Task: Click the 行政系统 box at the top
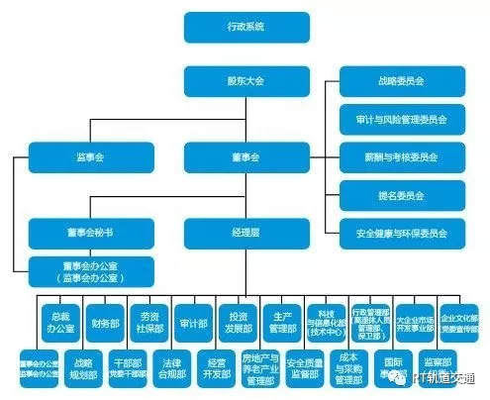point(234,27)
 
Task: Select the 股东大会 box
point(234,81)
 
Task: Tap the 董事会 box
point(234,156)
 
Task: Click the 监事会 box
point(78,156)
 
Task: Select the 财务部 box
point(103,321)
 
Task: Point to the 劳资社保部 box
point(147,321)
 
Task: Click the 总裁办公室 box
point(58,321)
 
